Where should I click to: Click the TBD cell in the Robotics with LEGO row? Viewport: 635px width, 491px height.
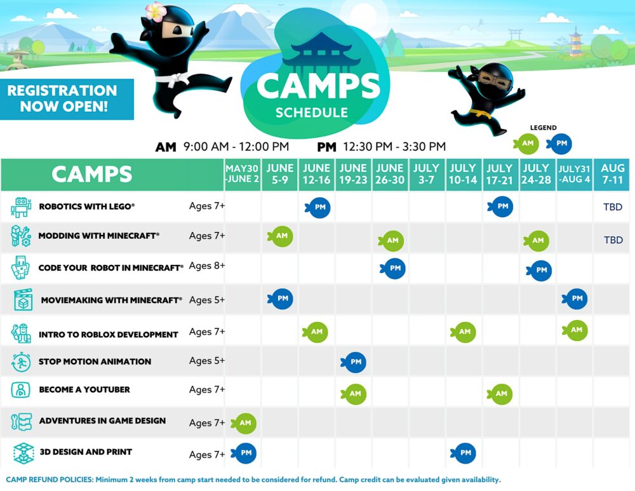pos(613,207)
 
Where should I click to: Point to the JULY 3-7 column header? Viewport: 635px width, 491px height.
pos(426,174)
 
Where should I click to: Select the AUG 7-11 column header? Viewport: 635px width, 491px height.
pos(613,174)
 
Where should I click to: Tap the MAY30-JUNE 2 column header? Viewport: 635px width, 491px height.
pos(243,174)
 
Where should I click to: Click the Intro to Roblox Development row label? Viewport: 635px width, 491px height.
pos(108,334)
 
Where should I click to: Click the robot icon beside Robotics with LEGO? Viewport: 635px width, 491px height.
pos(21,207)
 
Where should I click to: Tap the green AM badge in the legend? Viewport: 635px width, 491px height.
pos(527,144)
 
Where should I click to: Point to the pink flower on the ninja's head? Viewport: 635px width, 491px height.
pos(155,11)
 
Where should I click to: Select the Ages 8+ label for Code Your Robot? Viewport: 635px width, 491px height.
pos(206,266)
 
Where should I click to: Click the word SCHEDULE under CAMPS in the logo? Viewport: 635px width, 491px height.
pos(312,113)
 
